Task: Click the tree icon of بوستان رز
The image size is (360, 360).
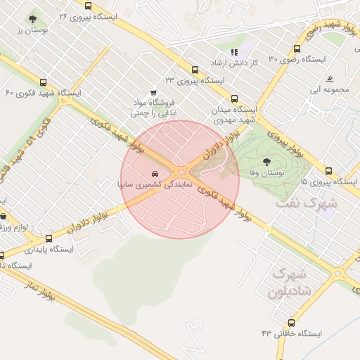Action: click(32, 20)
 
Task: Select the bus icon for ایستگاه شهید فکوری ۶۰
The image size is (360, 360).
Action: click(44, 82)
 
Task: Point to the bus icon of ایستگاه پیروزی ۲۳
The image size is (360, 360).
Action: click(195, 70)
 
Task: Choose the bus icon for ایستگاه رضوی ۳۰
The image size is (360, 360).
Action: click(297, 49)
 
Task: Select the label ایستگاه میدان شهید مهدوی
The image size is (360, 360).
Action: click(235, 116)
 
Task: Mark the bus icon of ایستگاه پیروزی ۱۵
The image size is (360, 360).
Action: click(329, 171)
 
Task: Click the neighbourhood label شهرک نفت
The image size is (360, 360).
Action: click(315, 203)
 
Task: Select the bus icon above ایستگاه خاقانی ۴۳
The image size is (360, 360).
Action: click(291, 321)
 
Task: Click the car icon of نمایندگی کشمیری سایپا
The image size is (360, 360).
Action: click(154, 173)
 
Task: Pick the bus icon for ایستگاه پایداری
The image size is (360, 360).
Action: click(49, 239)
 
